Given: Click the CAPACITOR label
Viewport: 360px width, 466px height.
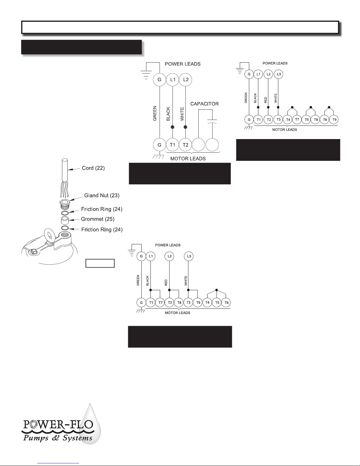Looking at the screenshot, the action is coord(205,104).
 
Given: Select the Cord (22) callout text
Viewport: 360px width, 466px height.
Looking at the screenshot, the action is coord(93,168).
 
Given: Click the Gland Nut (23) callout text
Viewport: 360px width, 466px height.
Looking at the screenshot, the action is coord(102,196).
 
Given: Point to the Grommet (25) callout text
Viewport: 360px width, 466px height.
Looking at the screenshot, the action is coord(98,219).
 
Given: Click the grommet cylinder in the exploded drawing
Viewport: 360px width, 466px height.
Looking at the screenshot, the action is coord(65,220).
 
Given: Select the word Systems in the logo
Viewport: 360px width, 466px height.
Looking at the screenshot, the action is coord(78,438).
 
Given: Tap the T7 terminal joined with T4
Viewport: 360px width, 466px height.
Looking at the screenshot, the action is coord(297,119).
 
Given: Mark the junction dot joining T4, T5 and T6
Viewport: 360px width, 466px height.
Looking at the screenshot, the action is coord(217,290).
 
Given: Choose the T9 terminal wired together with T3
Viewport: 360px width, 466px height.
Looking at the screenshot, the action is coord(198,303).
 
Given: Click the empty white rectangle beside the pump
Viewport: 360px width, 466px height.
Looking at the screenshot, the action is coord(100,263).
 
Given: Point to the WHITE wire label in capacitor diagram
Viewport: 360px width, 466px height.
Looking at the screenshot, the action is coord(182,114).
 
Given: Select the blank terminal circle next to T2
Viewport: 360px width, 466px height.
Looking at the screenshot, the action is coord(198,145).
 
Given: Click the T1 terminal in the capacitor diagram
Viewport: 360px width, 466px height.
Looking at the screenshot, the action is coord(173,145).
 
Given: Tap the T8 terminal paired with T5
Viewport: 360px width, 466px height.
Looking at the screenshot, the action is coord(316,119).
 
